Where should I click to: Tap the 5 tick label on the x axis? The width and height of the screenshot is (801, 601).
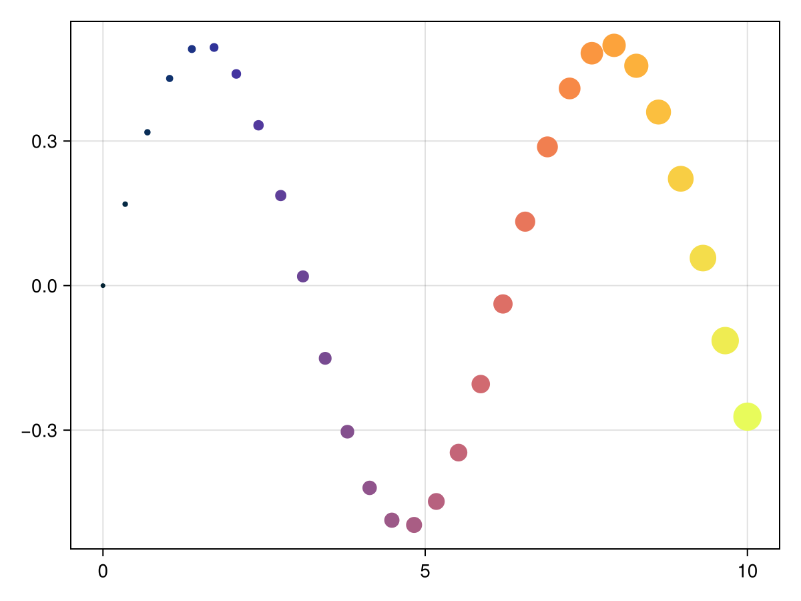(425, 572)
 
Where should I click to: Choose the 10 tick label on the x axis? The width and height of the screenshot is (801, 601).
(747, 572)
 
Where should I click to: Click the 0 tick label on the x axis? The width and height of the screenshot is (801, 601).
(103, 572)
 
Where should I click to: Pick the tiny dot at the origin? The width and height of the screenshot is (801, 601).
(103, 286)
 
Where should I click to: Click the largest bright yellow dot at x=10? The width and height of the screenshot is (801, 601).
(747, 417)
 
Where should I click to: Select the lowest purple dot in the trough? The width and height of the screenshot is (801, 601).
(414, 525)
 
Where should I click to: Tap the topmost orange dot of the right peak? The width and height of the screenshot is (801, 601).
(613, 45)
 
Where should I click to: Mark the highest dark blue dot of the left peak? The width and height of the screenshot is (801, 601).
(214, 47)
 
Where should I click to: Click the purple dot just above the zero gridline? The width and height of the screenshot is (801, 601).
(303, 276)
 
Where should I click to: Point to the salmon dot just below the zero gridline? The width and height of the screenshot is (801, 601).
(503, 304)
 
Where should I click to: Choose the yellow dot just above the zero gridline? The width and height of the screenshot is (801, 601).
(702, 258)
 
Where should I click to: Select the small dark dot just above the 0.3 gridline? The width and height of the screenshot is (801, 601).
(148, 132)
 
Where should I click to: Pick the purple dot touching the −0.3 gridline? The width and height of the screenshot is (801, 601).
(347, 431)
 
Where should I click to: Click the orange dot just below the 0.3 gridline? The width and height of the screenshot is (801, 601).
(547, 147)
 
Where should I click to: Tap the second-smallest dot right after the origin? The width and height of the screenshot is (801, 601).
(125, 204)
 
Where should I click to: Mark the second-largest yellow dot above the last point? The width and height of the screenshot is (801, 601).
(725, 341)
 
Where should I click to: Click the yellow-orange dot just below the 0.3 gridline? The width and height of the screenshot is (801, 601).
(680, 179)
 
